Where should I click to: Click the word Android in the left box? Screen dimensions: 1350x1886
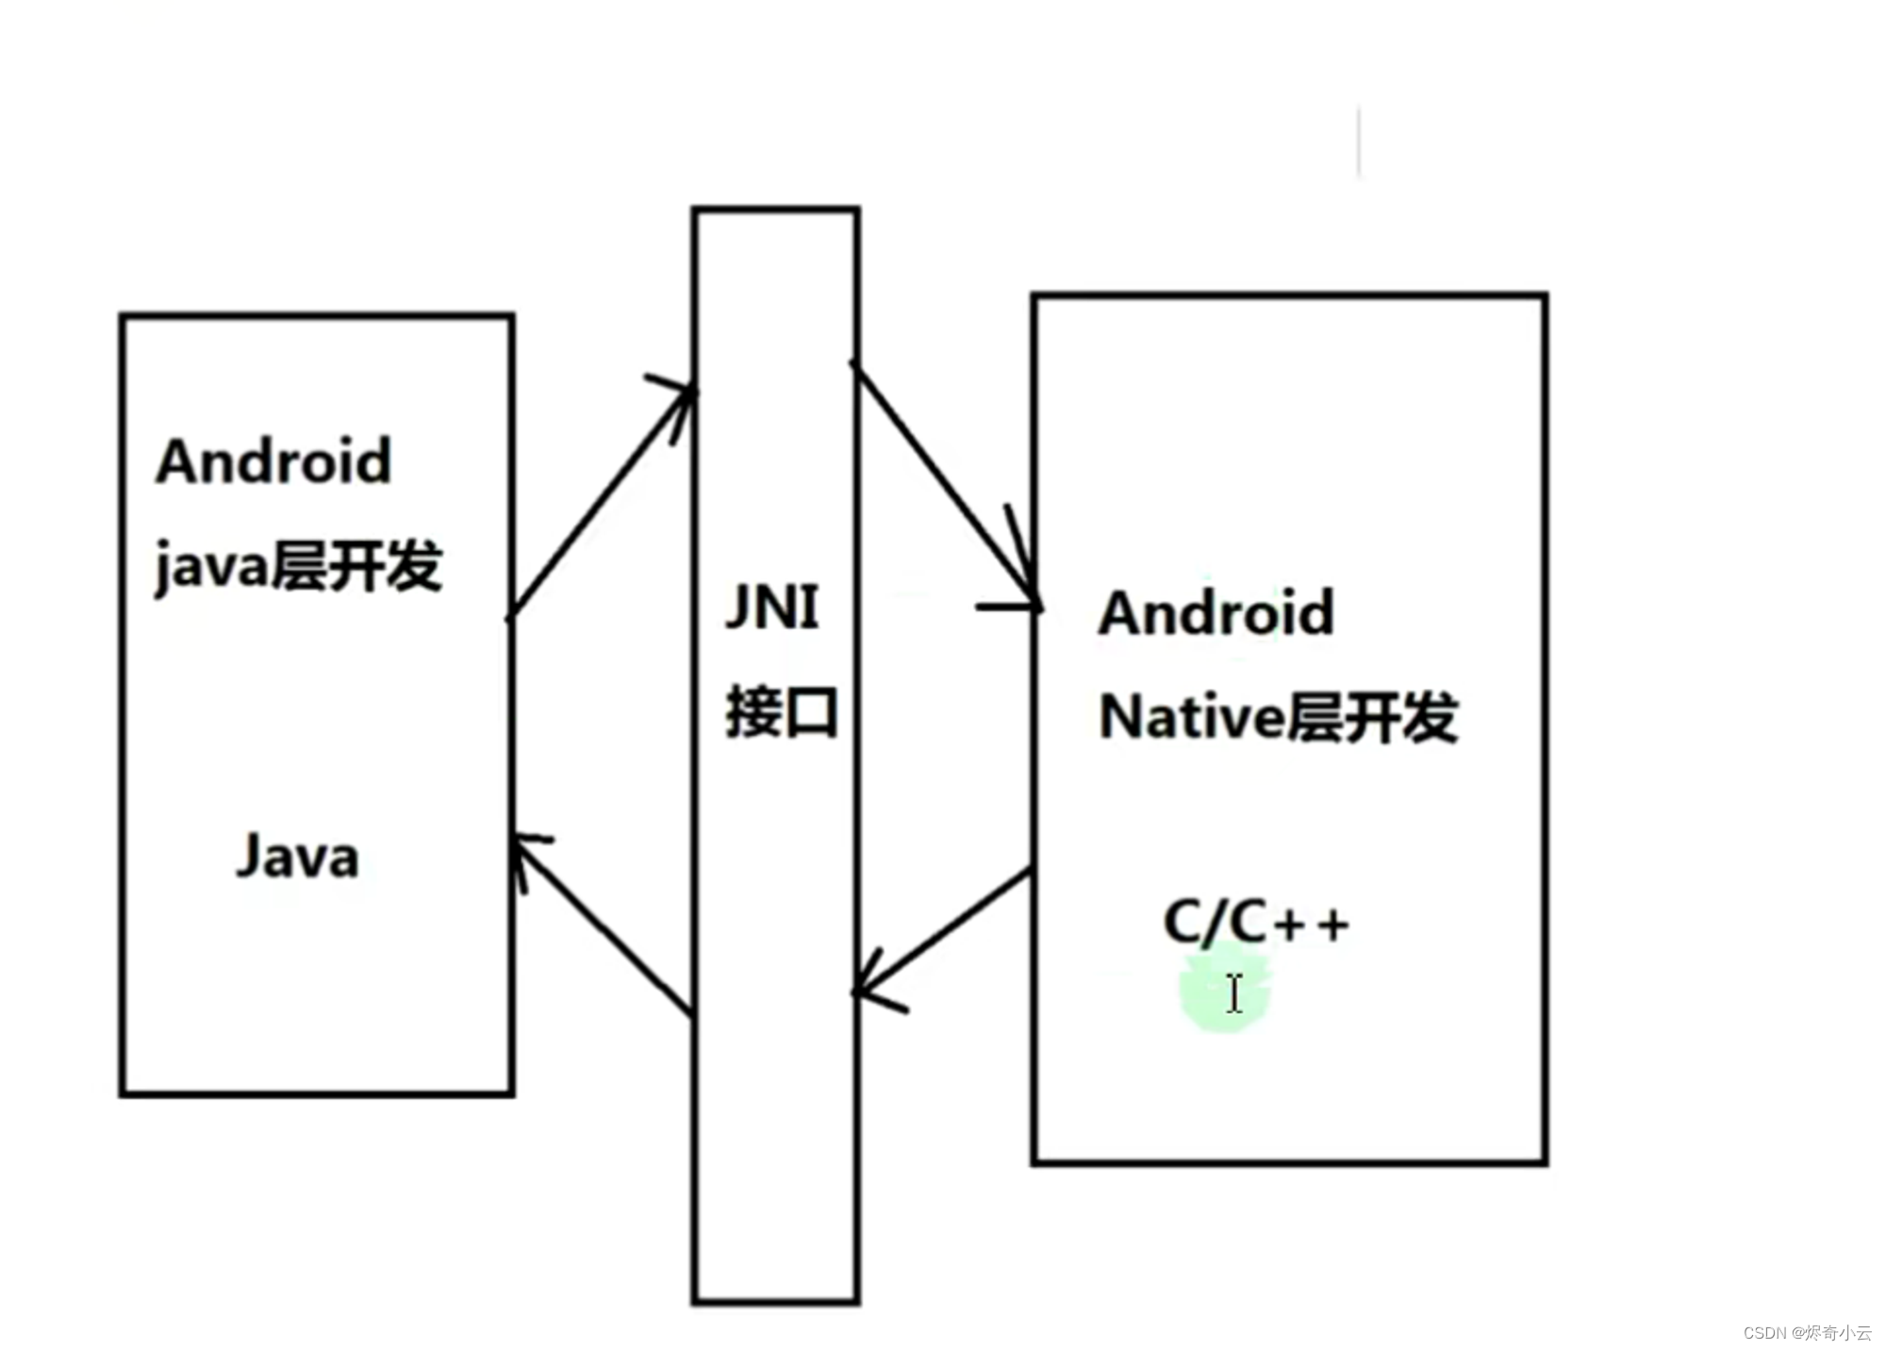[x=273, y=461]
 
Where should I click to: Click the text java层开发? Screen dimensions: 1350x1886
[x=298, y=566]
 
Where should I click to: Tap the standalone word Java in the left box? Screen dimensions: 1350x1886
[x=297, y=857]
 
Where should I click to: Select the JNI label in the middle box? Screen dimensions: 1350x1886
[x=772, y=606]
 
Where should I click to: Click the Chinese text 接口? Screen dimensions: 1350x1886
[x=782, y=712]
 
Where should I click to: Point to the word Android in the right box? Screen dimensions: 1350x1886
[x=1216, y=613]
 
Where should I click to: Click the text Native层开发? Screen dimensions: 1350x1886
[x=1278, y=717]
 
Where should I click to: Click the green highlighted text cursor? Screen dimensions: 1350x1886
[x=1233, y=993]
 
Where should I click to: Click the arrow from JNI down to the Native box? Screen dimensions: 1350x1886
[x=943, y=481]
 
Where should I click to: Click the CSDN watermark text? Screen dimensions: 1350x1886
[x=1807, y=1332]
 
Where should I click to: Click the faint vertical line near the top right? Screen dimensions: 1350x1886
[x=1359, y=142]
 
